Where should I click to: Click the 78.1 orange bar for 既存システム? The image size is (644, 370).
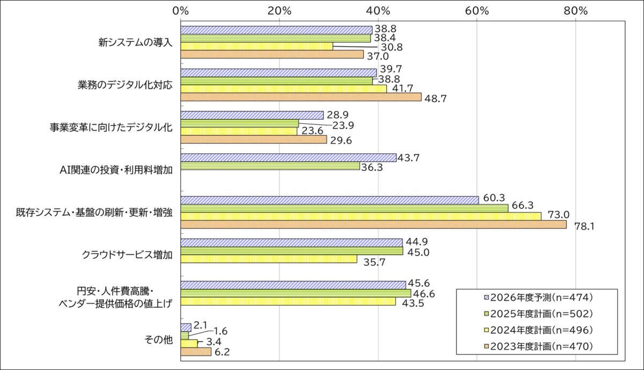point(374,225)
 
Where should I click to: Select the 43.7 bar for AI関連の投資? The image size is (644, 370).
point(288,158)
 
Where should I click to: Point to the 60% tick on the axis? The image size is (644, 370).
point(477,10)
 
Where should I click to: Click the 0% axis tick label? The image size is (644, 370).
point(181,10)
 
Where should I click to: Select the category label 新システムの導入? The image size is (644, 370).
point(135,43)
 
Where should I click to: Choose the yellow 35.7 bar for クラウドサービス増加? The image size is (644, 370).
point(269,259)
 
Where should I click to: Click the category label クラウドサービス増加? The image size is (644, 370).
point(127,255)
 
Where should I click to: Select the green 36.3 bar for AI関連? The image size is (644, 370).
point(270,166)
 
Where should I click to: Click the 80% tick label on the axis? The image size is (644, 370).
point(575,10)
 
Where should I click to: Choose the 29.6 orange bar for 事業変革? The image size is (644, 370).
point(253,140)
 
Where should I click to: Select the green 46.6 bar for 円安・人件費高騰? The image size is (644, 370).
point(296,293)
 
